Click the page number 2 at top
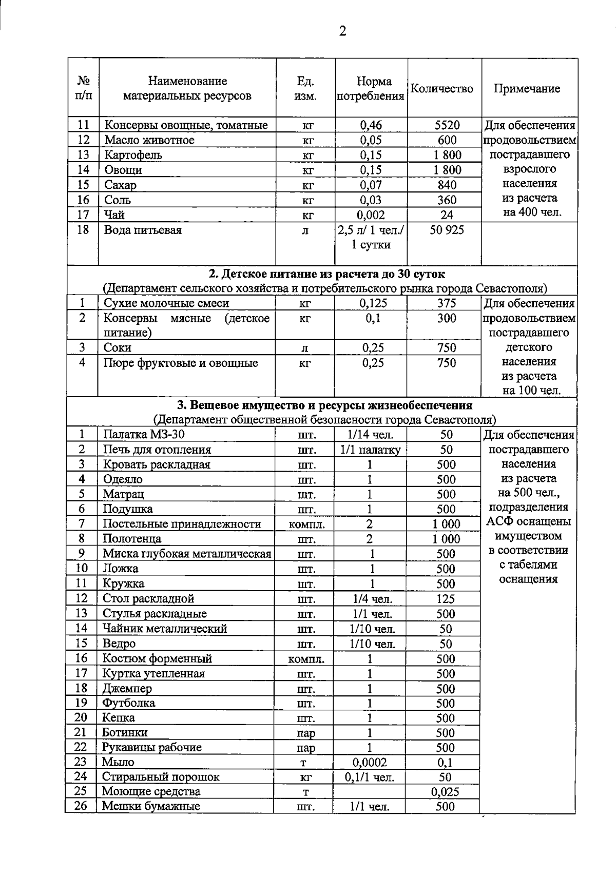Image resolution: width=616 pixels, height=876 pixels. point(343,31)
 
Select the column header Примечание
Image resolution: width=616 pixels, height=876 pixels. point(527,89)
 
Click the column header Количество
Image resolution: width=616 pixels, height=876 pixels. point(442,89)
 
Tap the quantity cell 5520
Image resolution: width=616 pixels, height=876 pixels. point(447,125)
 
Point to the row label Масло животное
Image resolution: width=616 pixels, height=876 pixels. point(149,140)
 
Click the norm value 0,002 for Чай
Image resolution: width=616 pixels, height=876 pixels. point(371,215)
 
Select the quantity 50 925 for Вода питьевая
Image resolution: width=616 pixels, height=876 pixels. point(447,230)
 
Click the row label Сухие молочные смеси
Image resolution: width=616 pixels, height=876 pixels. point(166,303)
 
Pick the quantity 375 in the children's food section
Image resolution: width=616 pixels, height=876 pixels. point(447,303)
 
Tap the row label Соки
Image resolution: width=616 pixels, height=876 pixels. point(118,348)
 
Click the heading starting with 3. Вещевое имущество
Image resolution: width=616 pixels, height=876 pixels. point(324,405)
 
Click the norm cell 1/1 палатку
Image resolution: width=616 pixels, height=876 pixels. point(370,450)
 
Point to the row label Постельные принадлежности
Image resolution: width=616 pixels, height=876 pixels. point(182,524)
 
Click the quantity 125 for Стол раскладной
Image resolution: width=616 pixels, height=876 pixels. point(446,599)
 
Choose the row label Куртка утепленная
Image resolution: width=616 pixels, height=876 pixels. point(153,674)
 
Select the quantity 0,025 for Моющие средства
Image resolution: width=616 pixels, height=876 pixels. point(445,792)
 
